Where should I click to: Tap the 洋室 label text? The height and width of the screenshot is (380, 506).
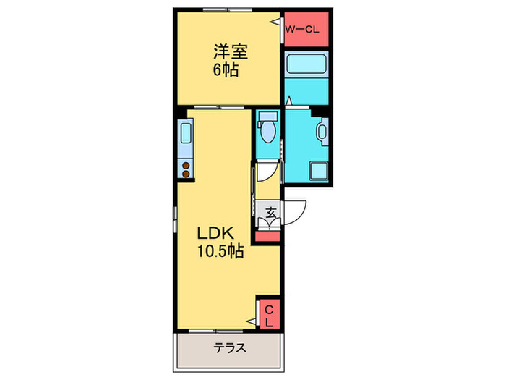(231, 52)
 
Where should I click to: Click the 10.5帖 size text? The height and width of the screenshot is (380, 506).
(219, 253)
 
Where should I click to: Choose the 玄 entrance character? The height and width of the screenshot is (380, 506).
(269, 213)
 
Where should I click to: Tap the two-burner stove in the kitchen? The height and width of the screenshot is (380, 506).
(186, 169)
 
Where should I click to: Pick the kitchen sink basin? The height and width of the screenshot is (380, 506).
(185, 135)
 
